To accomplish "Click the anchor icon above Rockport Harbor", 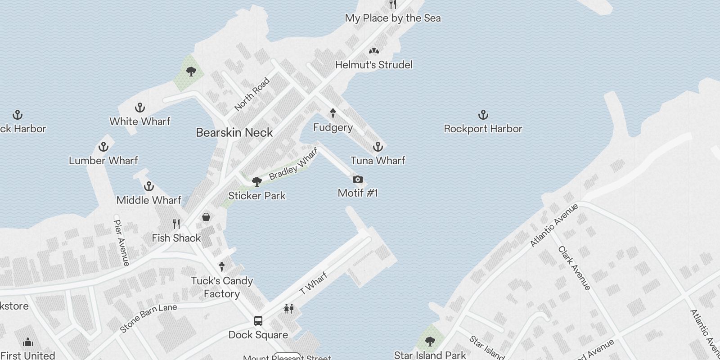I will [483, 115].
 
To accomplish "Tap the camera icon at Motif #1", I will [358, 180].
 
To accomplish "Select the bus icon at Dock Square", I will [258, 321].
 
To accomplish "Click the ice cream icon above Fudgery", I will [333, 113].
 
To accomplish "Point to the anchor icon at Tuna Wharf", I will [378, 147].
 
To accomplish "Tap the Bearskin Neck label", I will [234, 133].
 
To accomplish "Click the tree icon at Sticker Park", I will [257, 182].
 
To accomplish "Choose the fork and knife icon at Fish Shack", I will [176, 224].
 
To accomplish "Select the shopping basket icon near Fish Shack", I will [206, 217].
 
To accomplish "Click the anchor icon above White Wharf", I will [140, 108].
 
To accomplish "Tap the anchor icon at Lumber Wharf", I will [103, 147].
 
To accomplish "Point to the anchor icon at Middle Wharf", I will [148, 186].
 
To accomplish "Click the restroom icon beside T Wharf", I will [288, 309].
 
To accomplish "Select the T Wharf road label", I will [314, 283].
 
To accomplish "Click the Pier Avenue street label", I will [121, 242].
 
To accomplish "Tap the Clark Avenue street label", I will [574, 268].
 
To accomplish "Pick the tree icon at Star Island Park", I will [430, 341].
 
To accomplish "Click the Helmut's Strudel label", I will [373, 65].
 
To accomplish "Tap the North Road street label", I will [252, 94].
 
